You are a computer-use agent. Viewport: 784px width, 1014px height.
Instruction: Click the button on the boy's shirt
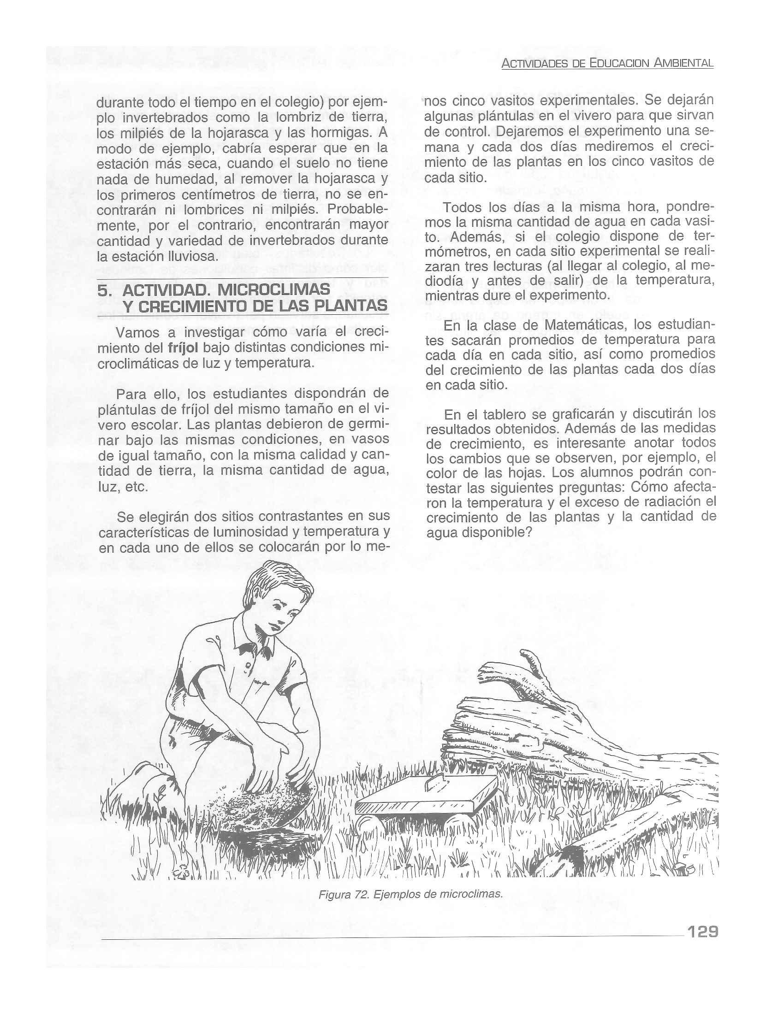pos(248,665)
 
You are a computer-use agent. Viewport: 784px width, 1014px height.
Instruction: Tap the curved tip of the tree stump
pos(528,655)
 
